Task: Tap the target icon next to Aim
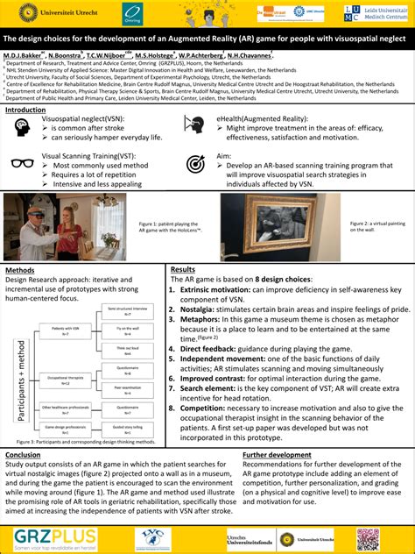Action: click(x=195, y=163)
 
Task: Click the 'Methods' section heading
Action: click(x=19, y=270)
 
